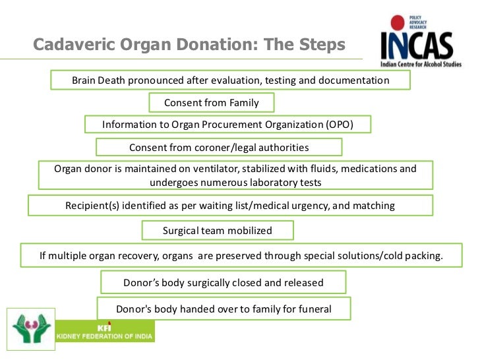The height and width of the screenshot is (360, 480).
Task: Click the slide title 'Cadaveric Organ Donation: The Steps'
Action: pyautogui.click(x=189, y=45)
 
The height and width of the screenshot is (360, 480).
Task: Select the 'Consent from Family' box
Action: pyautogui.click(x=211, y=102)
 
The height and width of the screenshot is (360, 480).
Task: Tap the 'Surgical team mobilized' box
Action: pyautogui.click(x=218, y=230)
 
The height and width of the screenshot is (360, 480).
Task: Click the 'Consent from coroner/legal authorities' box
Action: pyautogui.click(x=219, y=147)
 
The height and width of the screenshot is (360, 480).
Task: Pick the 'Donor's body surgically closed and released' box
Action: pyautogui.click(x=223, y=282)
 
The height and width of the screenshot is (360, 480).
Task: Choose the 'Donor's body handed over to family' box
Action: pyautogui.click(x=224, y=308)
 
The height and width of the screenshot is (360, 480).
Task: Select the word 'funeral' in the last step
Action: pyautogui.click(x=315, y=308)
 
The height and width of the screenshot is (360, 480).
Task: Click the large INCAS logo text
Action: pyautogui.click(x=417, y=46)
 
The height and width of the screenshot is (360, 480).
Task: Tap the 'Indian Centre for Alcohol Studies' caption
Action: pyautogui.click(x=421, y=64)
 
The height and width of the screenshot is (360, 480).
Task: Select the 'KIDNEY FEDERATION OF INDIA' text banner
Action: pyautogui.click(x=105, y=336)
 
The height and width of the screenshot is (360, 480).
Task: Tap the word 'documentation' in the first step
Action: pyautogui.click(x=356, y=80)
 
